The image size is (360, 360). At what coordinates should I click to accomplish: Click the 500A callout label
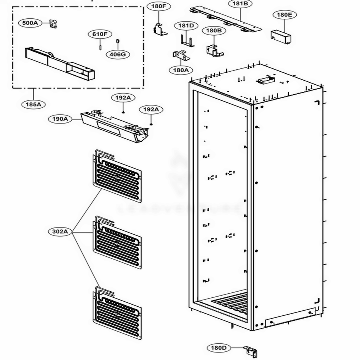coord(30,23)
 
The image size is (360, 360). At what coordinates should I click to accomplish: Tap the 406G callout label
coord(118,54)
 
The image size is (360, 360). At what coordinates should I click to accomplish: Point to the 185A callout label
coord(33,104)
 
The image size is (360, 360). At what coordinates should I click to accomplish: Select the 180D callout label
coord(219,348)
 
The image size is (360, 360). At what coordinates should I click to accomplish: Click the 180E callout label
coord(284,15)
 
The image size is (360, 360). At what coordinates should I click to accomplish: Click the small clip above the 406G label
coord(117,42)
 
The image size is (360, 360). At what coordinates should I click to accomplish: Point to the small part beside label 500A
coord(54,24)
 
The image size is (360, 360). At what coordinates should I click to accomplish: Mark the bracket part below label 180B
coord(214,51)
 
